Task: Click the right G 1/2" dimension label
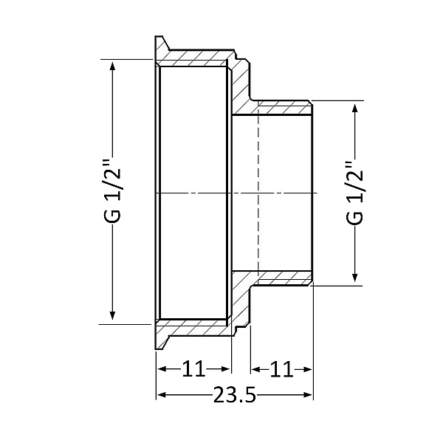coord(356,193)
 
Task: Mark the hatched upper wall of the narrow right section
coord(284,108)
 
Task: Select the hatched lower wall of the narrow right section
coord(284,278)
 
